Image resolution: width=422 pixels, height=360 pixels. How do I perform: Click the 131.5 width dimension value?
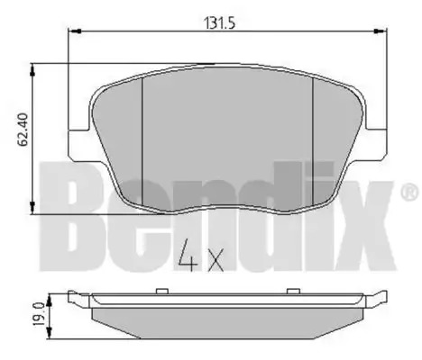point(219,23)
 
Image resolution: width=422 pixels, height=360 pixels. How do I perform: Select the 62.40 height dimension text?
point(23,130)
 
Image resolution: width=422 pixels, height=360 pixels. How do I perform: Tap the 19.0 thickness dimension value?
point(40,314)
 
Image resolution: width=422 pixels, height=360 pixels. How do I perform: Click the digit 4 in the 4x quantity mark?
point(188,255)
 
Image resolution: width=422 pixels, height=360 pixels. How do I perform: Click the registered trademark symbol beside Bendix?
point(409,193)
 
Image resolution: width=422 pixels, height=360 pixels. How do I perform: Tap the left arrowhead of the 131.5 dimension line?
point(75,31)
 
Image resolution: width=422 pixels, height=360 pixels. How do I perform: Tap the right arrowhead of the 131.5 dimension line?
point(381,31)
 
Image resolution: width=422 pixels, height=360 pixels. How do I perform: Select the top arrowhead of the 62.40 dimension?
point(32,69)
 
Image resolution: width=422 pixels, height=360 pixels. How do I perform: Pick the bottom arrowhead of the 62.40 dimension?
point(32,208)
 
